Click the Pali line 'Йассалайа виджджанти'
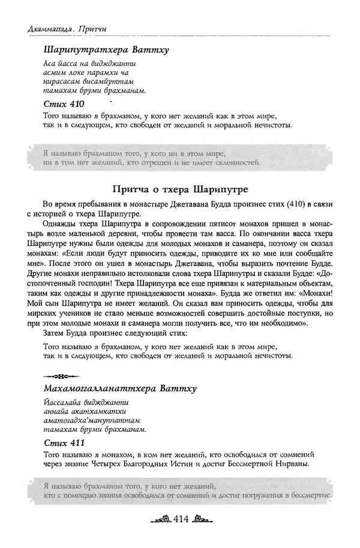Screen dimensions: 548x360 (86, 403)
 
